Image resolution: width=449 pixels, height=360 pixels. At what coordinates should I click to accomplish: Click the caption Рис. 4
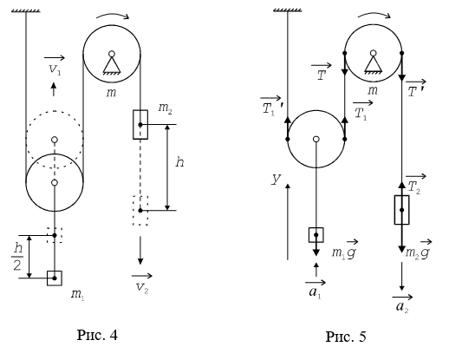[97, 335]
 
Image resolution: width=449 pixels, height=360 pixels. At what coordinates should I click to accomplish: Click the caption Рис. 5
[346, 337]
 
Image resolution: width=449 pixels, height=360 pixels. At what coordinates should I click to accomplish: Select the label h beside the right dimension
[179, 162]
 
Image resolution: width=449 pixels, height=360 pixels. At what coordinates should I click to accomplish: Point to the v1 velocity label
[55, 66]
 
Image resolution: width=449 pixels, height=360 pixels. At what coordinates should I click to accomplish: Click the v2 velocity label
[142, 284]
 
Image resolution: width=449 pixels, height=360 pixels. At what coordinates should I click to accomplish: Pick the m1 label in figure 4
[78, 295]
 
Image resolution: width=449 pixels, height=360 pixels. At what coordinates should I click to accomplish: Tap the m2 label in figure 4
[166, 108]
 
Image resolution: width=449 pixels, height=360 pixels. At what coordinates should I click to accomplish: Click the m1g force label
[345, 250]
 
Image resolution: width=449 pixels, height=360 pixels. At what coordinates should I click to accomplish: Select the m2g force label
[419, 250]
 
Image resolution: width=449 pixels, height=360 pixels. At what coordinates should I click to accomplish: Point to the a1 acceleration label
[316, 290]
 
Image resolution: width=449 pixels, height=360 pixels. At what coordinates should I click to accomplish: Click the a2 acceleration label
[402, 304]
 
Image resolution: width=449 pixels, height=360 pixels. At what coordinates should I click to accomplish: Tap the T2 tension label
[415, 185]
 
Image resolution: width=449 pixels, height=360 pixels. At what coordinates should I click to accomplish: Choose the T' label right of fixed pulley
[416, 88]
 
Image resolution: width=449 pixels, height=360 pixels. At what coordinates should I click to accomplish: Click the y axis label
[277, 179]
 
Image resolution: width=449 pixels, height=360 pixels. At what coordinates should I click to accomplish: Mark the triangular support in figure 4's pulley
[112, 66]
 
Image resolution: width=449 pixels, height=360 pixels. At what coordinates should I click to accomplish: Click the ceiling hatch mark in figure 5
[287, 10]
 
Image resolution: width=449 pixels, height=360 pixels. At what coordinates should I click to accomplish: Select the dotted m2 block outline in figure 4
[140, 210]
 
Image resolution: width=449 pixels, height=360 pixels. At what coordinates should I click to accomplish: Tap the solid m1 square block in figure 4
[55, 278]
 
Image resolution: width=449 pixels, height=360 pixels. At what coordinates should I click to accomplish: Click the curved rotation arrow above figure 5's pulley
[374, 13]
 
